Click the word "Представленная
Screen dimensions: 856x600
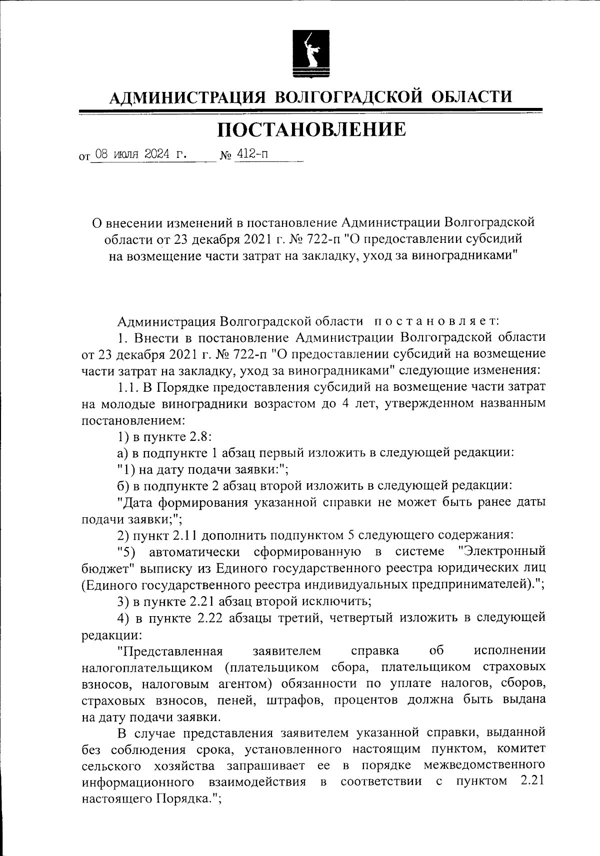(169, 651)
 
